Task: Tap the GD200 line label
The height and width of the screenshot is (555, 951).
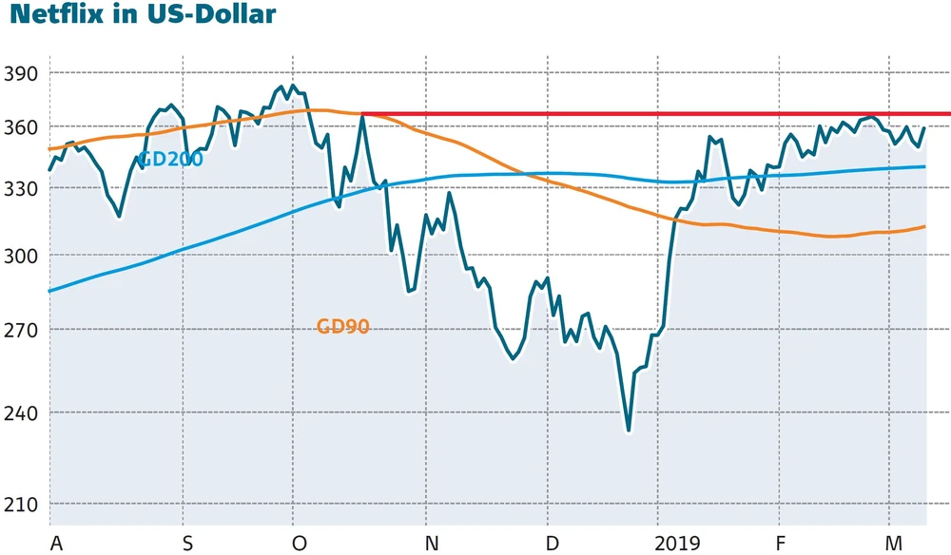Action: tap(170, 160)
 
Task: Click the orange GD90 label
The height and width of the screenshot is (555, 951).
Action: tap(342, 327)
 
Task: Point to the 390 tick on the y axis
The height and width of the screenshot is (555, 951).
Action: tap(20, 74)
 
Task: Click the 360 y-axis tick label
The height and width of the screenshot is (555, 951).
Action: tap(20, 127)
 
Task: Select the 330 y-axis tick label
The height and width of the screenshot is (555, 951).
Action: tap(20, 189)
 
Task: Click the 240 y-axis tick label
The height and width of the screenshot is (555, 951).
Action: tap(20, 413)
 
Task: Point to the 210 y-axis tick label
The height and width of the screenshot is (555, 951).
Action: tap(20, 505)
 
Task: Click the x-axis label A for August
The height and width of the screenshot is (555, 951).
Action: tap(56, 544)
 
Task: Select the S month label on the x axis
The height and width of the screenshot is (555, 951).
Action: tap(187, 544)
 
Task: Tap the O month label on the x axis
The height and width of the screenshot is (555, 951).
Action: tap(300, 544)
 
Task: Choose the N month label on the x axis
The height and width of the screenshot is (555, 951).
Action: tap(432, 544)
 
